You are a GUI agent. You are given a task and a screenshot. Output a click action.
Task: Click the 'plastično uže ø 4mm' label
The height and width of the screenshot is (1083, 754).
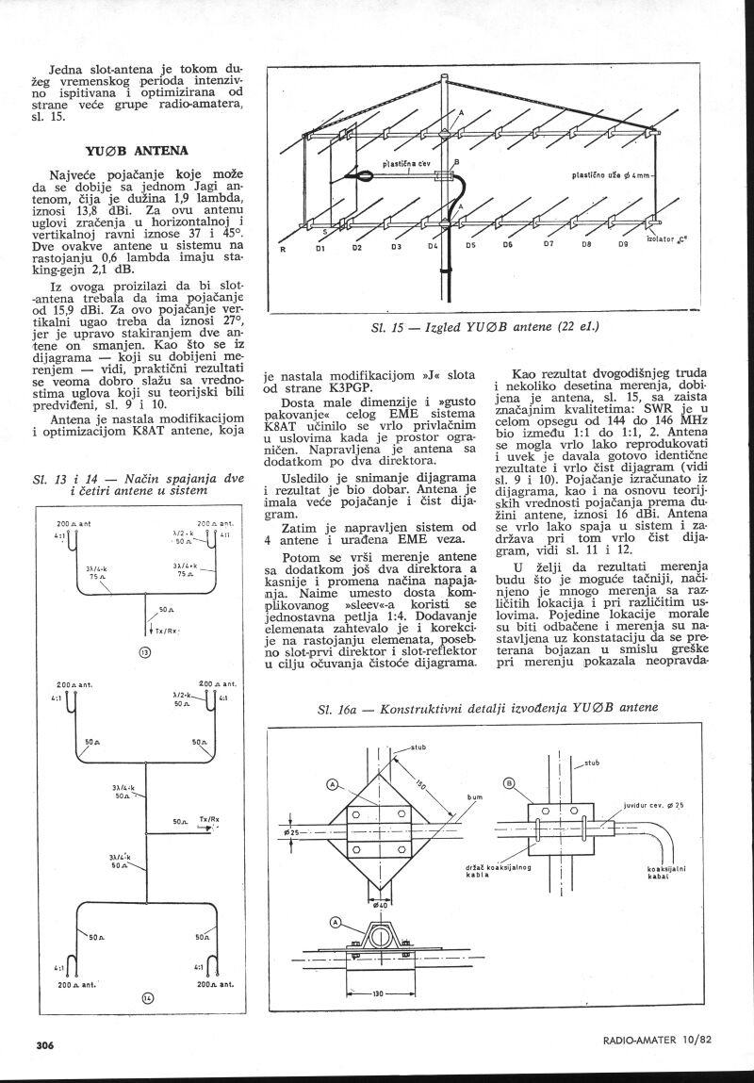[x=614, y=174]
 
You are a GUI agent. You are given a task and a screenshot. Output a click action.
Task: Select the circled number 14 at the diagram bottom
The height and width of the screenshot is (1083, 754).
[x=146, y=999]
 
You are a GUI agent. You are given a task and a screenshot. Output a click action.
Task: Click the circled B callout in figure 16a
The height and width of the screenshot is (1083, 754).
[x=509, y=782]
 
